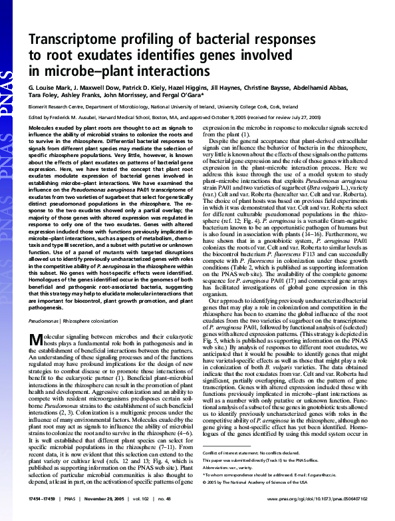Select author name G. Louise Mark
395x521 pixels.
pyautogui.click(x=49, y=88)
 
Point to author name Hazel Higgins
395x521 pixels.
pyautogui.click(x=191, y=88)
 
